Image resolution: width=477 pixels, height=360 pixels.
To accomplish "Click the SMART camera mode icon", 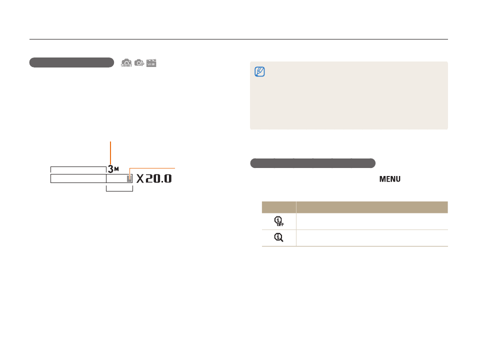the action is [x=126, y=62].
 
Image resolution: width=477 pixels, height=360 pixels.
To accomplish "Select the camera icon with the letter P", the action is [x=139, y=62].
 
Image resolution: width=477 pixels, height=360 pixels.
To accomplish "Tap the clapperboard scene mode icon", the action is [x=151, y=63].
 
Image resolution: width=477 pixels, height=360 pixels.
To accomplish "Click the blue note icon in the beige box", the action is [x=259, y=71].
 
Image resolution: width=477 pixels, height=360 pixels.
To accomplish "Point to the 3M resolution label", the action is [x=113, y=169].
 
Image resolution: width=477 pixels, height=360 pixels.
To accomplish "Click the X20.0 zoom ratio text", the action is [x=154, y=178].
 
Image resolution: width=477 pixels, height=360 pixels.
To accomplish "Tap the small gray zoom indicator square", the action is [x=129, y=179].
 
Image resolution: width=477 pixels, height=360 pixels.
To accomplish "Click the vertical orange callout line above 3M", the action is [x=110, y=153].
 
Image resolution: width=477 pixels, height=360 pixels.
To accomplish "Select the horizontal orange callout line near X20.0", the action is [x=152, y=168].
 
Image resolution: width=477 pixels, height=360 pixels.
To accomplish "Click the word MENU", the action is [x=389, y=179].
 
